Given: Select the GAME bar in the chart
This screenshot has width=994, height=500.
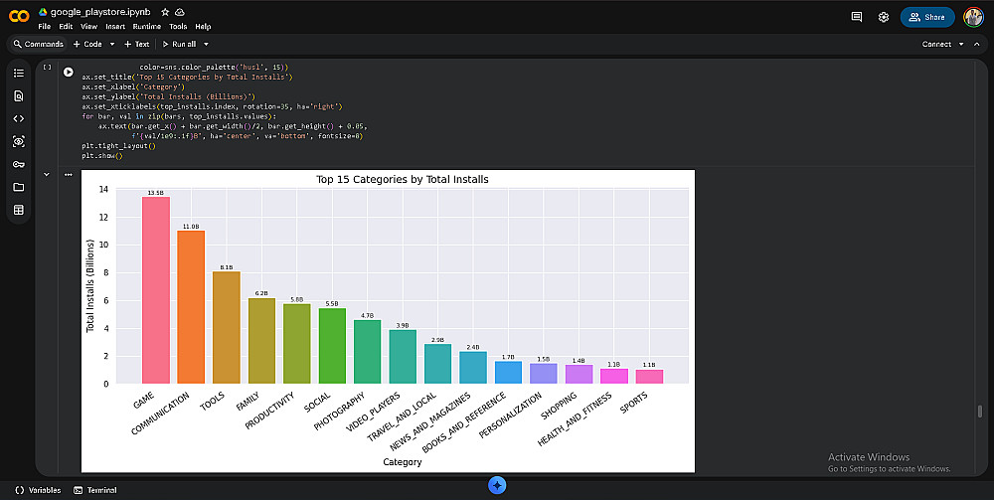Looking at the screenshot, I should [155, 289].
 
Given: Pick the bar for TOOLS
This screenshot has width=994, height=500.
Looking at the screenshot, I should [227, 327].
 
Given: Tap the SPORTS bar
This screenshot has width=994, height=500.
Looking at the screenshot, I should [649, 376].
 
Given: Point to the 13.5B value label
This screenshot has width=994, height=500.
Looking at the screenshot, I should [155, 193].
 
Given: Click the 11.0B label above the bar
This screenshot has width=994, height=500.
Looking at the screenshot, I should [191, 227].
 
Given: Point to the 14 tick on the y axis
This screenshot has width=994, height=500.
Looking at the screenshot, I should [103, 189].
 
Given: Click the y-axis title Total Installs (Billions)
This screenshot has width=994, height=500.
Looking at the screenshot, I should [90, 286].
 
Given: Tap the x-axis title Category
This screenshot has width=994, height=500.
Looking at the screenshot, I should [402, 462].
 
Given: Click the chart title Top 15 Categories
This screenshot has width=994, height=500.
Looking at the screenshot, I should [402, 180].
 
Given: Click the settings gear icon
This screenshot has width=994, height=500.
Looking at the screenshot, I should [884, 17].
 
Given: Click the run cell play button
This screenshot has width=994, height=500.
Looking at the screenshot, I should [69, 72].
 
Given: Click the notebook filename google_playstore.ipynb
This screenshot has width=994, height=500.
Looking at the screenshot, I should [95, 11].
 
